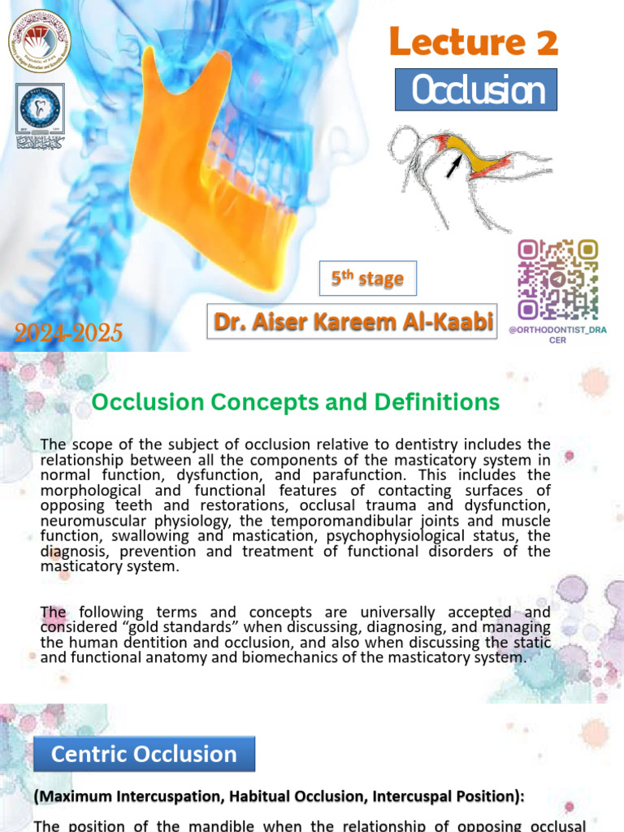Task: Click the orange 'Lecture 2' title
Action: click(474, 41)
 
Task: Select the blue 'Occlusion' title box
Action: click(476, 90)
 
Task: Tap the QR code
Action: click(558, 279)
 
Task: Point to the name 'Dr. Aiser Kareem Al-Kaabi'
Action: click(353, 323)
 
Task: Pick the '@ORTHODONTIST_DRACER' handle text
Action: click(558, 335)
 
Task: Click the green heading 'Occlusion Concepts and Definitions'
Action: click(295, 401)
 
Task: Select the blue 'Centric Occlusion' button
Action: click(144, 754)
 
